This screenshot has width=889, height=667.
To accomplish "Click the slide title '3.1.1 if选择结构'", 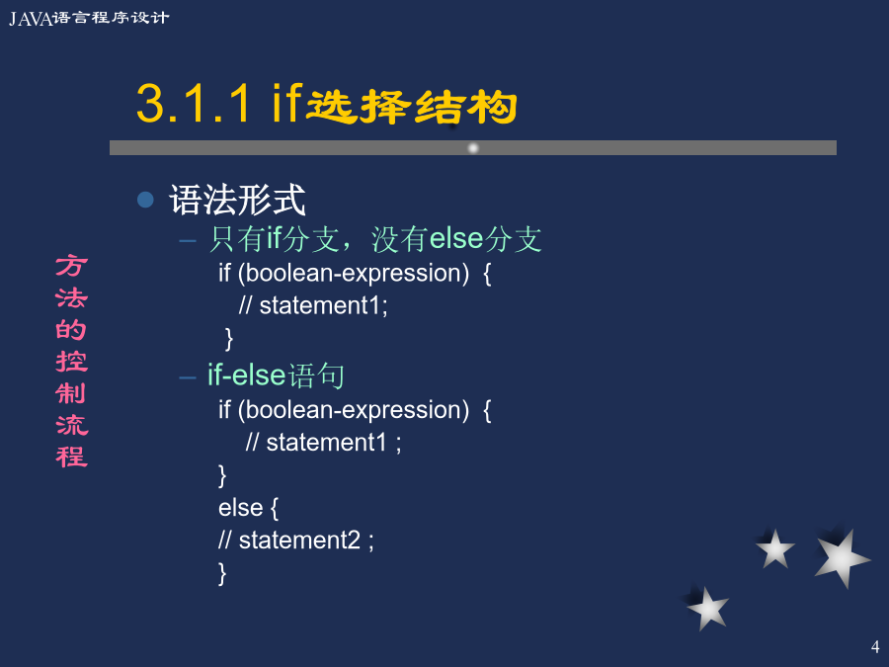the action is tap(327, 103).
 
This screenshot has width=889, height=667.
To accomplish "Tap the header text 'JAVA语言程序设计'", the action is tap(89, 18).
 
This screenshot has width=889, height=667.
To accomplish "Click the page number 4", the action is tap(875, 646).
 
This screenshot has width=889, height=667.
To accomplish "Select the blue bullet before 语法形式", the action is tap(146, 200).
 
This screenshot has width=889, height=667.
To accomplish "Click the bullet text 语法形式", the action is tap(237, 200).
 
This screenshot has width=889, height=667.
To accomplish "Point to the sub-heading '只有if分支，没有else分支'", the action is tap(375, 239).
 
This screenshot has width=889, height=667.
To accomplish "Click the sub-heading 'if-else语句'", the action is tap(277, 375).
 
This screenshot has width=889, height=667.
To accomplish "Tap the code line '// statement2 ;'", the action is tap(296, 540).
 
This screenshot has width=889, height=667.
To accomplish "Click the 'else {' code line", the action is tap(248, 508).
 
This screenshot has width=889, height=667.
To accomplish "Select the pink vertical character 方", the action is tap(71, 266).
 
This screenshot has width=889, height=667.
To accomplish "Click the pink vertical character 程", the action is tap(71, 457).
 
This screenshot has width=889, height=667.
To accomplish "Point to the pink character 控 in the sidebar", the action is tap(71, 362).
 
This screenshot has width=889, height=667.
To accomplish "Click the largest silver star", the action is tap(841, 558).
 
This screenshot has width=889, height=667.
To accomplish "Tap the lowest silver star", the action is tap(707, 609).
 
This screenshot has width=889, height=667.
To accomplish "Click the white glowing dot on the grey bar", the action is tap(473, 148).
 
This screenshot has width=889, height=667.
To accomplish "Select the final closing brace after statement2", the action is tap(222, 573).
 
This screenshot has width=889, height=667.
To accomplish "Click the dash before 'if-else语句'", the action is tap(188, 377).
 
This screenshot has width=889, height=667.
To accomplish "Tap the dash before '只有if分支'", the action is tap(188, 240).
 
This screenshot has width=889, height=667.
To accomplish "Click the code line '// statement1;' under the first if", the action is tap(313, 305).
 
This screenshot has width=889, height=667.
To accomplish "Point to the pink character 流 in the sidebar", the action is tap(71, 425).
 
